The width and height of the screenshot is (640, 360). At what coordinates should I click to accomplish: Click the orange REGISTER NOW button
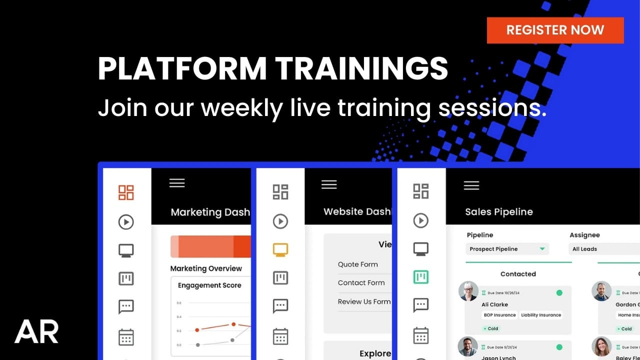coord(555,30)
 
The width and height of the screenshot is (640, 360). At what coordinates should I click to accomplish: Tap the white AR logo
coord(36,331)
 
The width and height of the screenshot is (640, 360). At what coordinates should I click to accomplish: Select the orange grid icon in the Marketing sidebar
coord(126,192)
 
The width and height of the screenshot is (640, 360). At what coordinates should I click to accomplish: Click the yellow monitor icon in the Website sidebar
coord(280,249)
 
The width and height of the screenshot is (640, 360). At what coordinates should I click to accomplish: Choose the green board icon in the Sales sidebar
coord(421,277)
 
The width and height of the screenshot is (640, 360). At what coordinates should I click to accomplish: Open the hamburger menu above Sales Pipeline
coord(471,185)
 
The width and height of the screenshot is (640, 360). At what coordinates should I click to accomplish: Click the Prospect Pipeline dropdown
coord(507,249)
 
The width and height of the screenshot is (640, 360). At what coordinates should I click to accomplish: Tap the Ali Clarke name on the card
coord(494,304)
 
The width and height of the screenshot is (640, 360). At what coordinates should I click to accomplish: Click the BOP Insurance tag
coord(499,315)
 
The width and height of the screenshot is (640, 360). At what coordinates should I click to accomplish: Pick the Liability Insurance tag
coord(540,315)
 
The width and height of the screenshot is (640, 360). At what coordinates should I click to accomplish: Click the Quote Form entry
coord(358,264)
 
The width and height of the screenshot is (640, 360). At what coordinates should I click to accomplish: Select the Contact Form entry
coord(361,283)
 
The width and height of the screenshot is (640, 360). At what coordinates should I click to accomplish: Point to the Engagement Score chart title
coord(209,285)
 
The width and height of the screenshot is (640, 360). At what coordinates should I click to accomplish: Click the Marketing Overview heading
coord(206,268)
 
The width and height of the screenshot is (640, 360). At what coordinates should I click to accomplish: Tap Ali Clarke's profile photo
coord(468,291)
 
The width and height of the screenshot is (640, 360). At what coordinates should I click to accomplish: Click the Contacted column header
coord(518,274)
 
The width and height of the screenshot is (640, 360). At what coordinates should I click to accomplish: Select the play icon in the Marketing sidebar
coord(126,221)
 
